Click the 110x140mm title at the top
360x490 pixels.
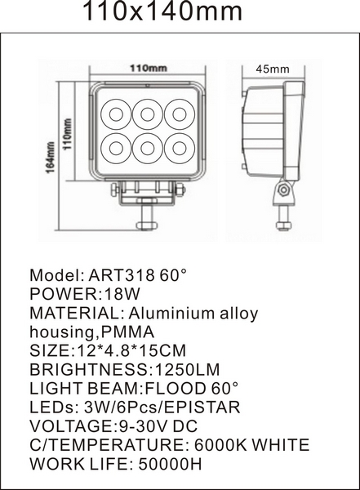point(162,11)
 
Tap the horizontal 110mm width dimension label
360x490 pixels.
point(148,68)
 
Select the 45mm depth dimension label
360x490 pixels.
point(273,69)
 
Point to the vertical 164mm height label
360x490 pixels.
point(51,157)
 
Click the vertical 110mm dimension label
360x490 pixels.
point(68,134)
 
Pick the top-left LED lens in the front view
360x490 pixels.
point(116,114)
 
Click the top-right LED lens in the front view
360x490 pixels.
point(180,114)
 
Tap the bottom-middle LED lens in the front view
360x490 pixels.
point(148,149)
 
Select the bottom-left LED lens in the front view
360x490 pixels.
point(116,149)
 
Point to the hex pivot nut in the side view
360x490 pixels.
point(284,189)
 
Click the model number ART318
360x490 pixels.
point(122,275)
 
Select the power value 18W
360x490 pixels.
point(122,294)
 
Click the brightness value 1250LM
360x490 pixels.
point(187,369)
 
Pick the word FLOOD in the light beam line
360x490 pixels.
point(175,388)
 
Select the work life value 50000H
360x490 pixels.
point(170,464)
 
